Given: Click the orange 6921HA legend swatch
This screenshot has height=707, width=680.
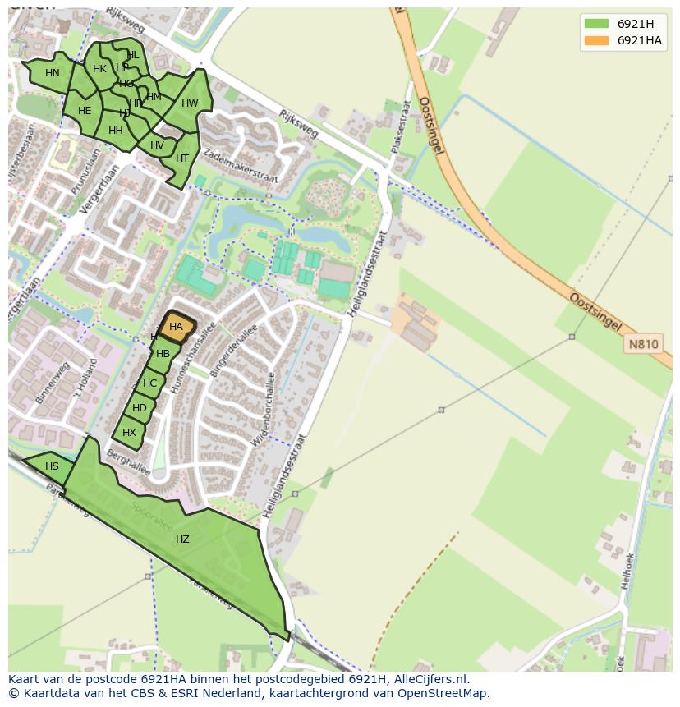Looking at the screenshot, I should tap(596, 41).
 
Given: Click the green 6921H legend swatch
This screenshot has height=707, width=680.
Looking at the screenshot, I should tap(596, 24).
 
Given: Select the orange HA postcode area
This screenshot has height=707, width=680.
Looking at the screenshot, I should tap(177, 327).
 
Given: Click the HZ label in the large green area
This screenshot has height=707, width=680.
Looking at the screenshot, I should tap(182, 539).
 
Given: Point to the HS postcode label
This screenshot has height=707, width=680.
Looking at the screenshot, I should tap(52, 466).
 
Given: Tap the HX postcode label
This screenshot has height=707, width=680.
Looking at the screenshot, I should tap(129, 433).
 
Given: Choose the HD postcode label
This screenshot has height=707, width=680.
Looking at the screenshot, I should tap(140, 408).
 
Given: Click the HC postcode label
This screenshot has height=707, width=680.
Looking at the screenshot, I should tap(149, 383).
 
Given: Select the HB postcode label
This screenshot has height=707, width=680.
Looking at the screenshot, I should tap(163, 354).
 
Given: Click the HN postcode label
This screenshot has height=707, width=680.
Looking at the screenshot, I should tap(53, 73).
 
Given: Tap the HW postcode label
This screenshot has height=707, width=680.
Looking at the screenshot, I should tap(190, 103).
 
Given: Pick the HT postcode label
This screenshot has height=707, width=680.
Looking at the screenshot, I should tap(182, 158).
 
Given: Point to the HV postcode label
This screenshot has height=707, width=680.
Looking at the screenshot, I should tap(157, 145).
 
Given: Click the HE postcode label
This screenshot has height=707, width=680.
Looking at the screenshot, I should tap(85, 111).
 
